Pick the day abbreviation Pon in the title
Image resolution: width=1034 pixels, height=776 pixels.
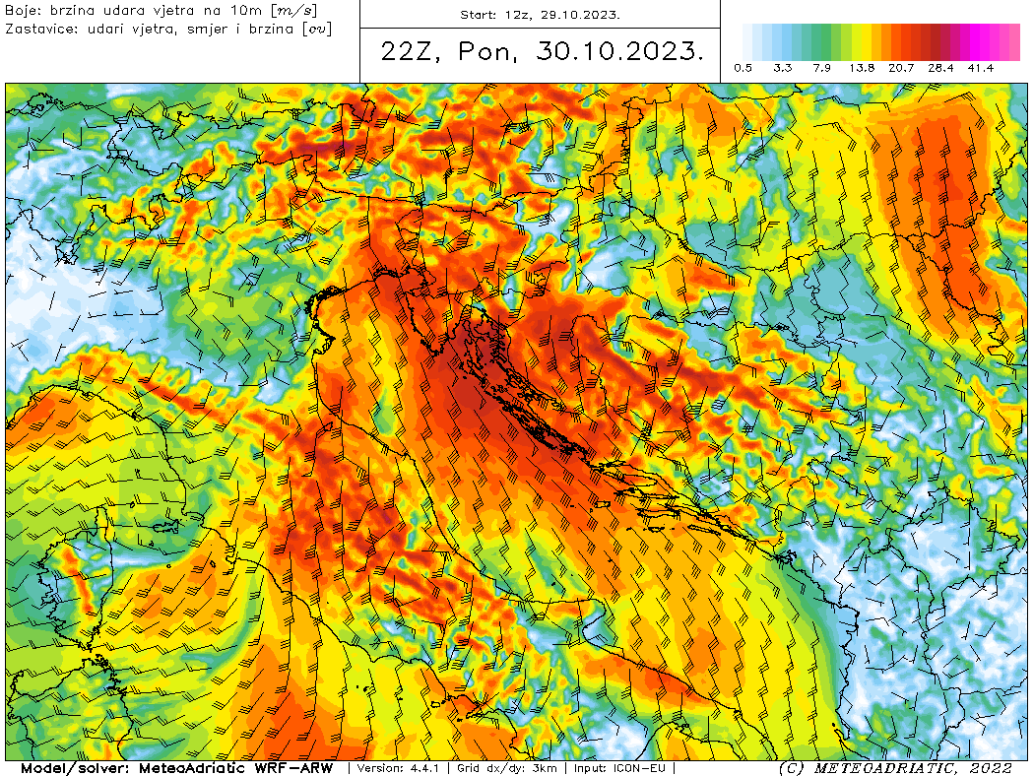tap(489, 52)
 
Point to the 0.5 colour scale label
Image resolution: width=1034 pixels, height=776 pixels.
tap(743, 68)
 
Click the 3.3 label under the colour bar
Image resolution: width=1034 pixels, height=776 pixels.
tap(783, 68)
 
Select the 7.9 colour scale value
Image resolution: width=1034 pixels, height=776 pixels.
tap(822, 68)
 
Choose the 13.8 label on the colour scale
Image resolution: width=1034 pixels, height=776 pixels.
tap(862, 68)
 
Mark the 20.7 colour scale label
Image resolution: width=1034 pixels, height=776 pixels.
tap(901, 68)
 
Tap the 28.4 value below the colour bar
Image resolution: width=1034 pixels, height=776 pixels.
tap(940, 68)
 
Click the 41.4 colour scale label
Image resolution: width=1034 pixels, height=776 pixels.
tap(980, 68)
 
